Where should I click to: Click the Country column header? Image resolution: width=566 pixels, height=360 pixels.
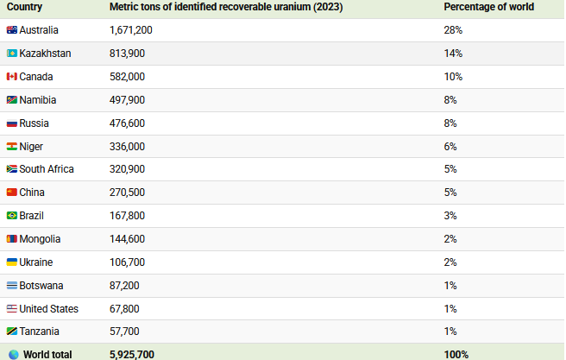coord(24,7)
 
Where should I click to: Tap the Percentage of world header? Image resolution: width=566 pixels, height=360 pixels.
coord(488,7)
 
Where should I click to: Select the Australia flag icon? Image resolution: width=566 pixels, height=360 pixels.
coord(12,30)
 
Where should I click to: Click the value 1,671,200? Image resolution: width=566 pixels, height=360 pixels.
coord(130,30)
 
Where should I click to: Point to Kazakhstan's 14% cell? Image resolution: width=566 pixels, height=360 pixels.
coord(453,54)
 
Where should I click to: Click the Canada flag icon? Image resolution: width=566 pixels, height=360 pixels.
coord(12,77)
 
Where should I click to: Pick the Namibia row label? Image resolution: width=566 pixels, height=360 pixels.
coord(38,100)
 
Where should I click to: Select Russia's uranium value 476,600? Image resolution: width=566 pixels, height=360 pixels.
coord(127,123)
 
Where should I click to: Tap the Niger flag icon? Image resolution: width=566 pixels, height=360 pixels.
coord(12,147)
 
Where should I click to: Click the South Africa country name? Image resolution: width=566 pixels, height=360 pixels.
coord(47,169)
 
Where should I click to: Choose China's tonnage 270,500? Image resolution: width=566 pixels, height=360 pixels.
coord(127,193)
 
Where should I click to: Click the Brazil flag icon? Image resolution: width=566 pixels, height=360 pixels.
coord(12,216)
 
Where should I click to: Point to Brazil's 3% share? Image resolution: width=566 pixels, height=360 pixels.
coord(450,216)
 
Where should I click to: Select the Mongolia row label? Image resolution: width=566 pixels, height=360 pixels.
coord(40,239)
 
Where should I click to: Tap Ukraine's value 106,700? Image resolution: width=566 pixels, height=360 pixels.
coord(127,262)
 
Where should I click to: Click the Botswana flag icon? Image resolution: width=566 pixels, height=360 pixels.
coord(12,286)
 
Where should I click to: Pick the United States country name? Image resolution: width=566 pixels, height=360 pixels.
coord(48,309)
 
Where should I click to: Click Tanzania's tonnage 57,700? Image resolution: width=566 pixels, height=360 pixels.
coord(124,332)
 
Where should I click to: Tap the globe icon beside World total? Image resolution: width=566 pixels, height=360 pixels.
coord(14,355)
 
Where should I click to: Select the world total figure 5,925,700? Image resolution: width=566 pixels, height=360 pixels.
coord(132,355)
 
